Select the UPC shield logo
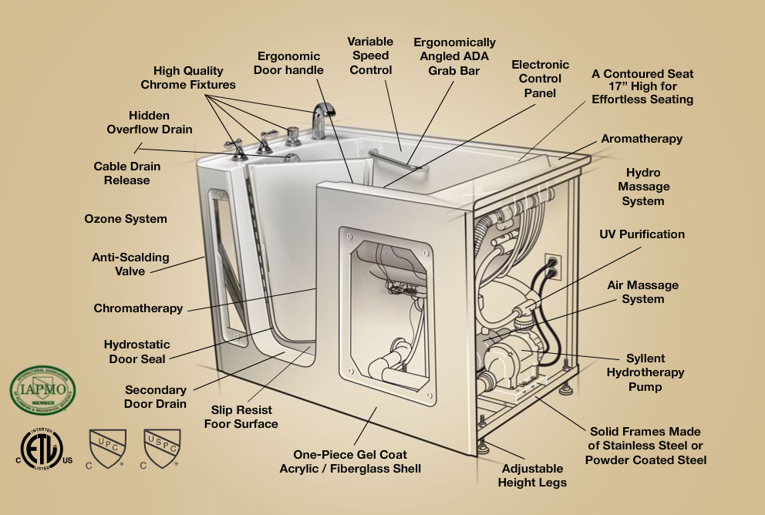coord(103,447)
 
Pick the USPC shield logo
coord(162,448)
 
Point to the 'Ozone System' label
coord(126,219)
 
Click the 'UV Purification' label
coord(642,234)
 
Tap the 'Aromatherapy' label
coord(642,139)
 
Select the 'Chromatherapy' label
coord(139,308)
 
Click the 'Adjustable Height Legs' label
coord(533,476)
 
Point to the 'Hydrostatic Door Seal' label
coord(137,352)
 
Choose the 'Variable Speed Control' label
coord(371,56)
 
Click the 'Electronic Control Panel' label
coord(540,79)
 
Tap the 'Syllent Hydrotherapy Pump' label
coord(645,372)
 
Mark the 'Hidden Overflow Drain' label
coord(150,123)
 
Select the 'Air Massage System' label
coord(642,292)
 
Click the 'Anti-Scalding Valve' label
coord(130,264)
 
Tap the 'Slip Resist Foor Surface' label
coord(241,417)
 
